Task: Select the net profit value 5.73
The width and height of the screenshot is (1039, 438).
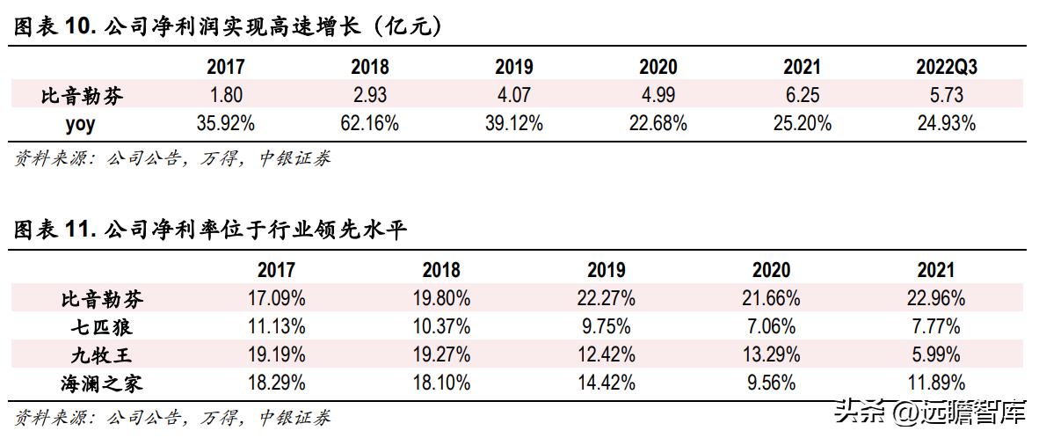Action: tap(946, 95)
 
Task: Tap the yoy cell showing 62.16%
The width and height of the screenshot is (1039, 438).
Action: tap(369, 123)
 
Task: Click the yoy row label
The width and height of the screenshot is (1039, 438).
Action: tap(81, 123)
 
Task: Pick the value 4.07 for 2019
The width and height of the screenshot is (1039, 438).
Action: tap(513, 95)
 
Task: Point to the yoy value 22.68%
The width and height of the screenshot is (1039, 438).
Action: tap(658, 123)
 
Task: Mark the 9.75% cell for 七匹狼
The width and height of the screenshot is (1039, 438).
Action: tap(606, 326)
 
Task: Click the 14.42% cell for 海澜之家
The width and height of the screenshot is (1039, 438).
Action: tap(606, 383)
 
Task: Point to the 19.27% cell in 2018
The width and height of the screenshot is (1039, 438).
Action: tap(440, 354)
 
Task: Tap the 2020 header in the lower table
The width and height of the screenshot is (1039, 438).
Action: tap(771, 271)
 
